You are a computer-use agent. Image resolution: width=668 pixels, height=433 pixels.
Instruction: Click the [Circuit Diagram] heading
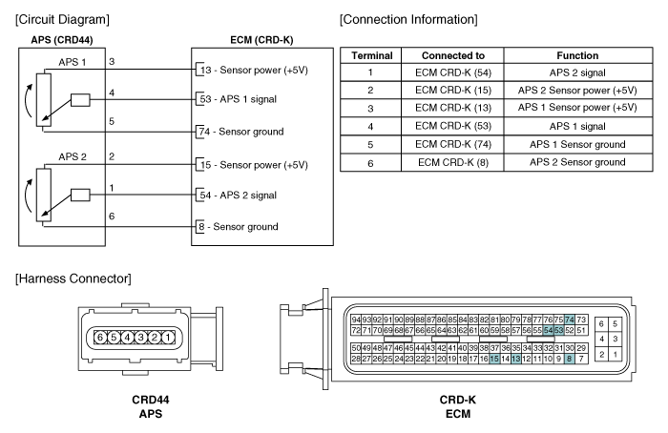62,20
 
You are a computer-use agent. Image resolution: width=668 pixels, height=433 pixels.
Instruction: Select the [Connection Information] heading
408,20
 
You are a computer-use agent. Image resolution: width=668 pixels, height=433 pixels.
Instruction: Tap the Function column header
577,55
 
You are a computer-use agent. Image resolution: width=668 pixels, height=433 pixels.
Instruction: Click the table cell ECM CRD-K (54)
453,72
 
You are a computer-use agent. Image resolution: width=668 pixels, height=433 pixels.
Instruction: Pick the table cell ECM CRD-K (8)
453,163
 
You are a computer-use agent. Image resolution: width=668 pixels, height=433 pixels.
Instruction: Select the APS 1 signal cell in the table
577,127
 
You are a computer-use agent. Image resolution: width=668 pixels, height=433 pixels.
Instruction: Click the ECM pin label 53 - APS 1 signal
239,99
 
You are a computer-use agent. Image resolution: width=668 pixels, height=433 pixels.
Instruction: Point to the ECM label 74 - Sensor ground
241,132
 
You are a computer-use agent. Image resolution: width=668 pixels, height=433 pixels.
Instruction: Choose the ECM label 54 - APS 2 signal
239,195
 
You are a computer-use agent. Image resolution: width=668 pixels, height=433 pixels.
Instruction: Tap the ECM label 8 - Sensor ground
239,226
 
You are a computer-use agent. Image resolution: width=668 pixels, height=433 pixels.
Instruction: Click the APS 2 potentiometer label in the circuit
73,156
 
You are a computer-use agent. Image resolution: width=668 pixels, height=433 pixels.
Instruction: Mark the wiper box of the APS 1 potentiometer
80,100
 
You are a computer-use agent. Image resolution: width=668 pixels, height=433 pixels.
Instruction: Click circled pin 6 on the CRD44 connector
100,338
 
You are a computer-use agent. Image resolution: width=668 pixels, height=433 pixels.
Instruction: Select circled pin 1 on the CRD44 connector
168,338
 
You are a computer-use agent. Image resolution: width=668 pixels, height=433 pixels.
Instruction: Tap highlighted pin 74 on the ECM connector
570,320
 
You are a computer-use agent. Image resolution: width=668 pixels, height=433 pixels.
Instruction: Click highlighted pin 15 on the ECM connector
494,359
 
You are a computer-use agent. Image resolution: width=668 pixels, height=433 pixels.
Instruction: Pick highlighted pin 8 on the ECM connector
569,359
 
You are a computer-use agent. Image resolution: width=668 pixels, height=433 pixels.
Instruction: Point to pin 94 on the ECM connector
356,320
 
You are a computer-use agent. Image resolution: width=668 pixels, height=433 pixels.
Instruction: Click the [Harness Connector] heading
73,278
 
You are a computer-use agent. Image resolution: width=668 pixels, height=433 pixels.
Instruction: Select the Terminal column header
371,55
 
